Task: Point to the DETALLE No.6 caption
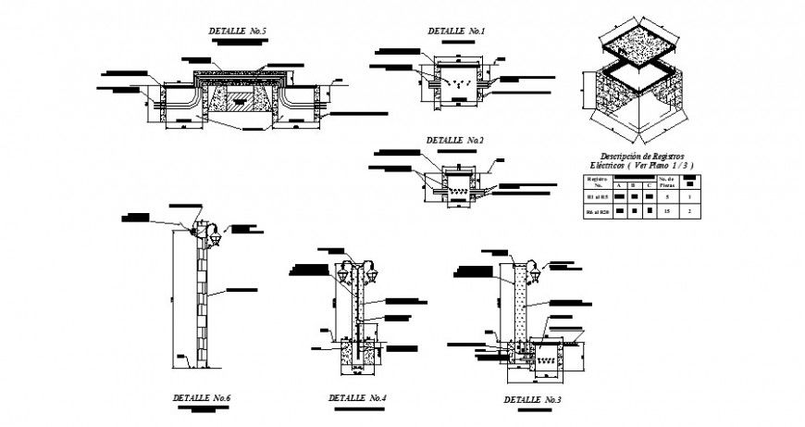pyautogui.click(x=201, y=397)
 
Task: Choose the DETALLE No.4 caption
pyautogui.click(x=356, y=398)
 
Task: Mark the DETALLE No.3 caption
pyautogui.click(x=532, y=399)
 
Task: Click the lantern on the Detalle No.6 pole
pyautogui.click(x=214, y=237)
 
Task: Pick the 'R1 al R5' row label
pyautogui.click(x=597, y=196)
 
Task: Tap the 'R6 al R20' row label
pyautogui.click(x=597, y=213)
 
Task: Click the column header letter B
pyautogui.click(x=634, y=185)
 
